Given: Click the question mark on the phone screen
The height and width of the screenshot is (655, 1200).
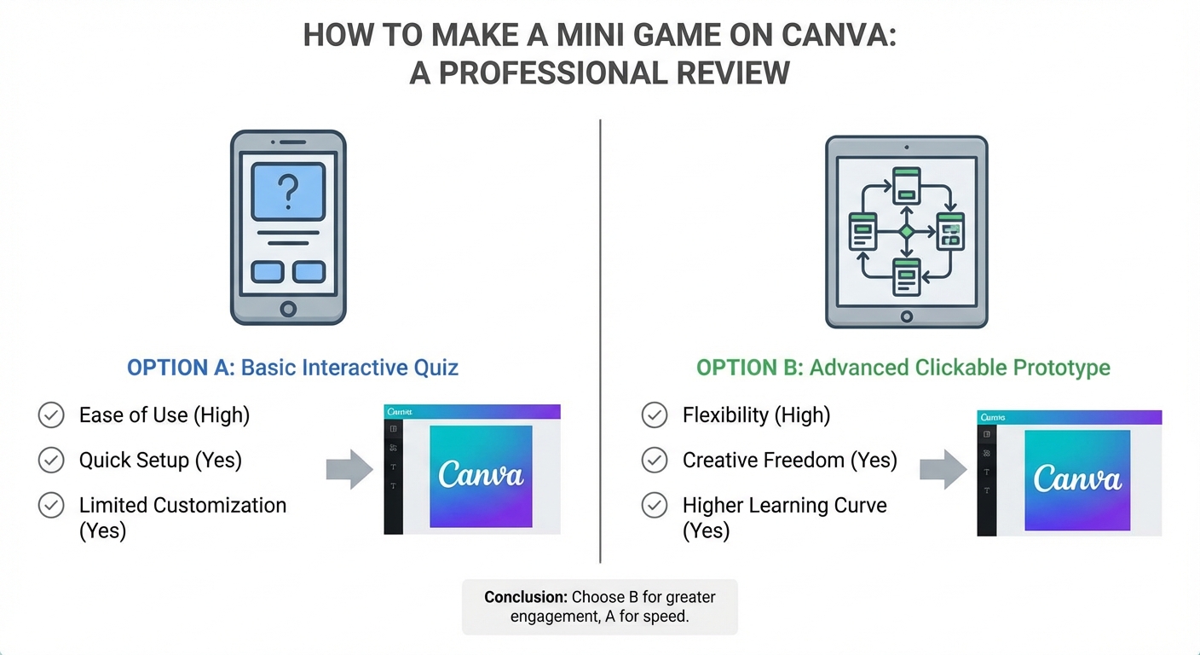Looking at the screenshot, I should coord(288,191).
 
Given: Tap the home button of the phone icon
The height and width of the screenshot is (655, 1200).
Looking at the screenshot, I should coord(288,308).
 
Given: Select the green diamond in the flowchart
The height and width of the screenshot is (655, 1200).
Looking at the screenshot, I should coord(907,231).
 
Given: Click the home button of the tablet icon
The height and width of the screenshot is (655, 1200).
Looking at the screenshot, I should coord(907,316).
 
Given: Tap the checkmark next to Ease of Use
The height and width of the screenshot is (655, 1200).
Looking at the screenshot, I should coord(52,415).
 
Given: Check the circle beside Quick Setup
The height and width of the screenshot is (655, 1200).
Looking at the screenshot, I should coord(52,461).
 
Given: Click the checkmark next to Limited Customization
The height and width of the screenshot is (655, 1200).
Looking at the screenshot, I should coord(52,505).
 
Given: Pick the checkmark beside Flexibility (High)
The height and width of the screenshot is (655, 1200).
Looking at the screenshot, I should coord(655,415).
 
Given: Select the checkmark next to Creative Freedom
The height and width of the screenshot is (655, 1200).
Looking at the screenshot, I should coord(655,461).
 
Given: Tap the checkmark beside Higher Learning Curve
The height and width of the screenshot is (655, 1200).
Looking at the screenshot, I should coord(655,505).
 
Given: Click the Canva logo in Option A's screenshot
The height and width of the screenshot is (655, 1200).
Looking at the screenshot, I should coord(481,475).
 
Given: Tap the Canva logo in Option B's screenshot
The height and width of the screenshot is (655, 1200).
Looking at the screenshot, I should coord(1077,479).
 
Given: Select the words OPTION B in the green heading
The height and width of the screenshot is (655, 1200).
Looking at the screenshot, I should coord(749,368).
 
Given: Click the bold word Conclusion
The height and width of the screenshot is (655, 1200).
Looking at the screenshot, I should coord(525,597).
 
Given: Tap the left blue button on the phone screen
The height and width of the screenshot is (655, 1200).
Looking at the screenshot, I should coord(268,271).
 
